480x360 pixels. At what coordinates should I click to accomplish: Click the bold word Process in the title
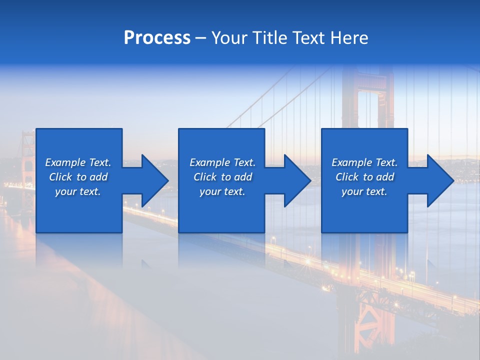pos(157,38)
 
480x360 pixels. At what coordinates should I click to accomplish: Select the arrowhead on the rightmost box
pos(440,180)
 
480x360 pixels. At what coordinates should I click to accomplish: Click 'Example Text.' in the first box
pos(78,162)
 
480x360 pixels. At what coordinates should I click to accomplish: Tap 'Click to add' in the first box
pos(78,177)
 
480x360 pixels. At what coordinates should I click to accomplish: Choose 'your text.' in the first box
pos(78,191)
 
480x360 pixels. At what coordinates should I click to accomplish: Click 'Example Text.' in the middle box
pos(222,162)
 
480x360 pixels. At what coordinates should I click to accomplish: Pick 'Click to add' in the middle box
pos(222,177)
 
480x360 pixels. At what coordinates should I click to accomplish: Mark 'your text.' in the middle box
pos(222,191)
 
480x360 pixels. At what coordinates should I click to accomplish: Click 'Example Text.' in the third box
pos(364,162)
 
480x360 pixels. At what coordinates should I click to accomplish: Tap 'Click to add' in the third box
pos(364,177)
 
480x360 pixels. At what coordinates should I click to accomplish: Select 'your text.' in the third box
pos(364,191)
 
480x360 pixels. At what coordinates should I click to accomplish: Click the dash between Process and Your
pos(200,38)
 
